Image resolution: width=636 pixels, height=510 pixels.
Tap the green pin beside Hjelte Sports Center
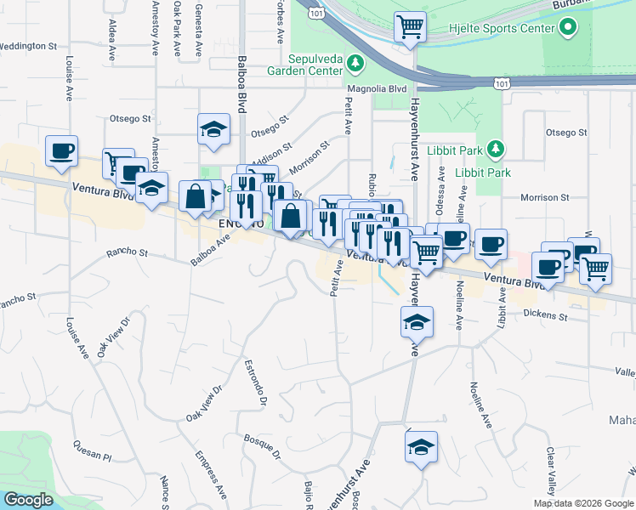[567, 28]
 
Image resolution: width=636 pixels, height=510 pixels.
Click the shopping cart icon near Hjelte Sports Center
[410, 27]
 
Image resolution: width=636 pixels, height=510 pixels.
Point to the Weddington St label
[28, 46]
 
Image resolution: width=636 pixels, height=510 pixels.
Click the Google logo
[29, 500]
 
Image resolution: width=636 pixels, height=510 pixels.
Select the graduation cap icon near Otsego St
[213, 130]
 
